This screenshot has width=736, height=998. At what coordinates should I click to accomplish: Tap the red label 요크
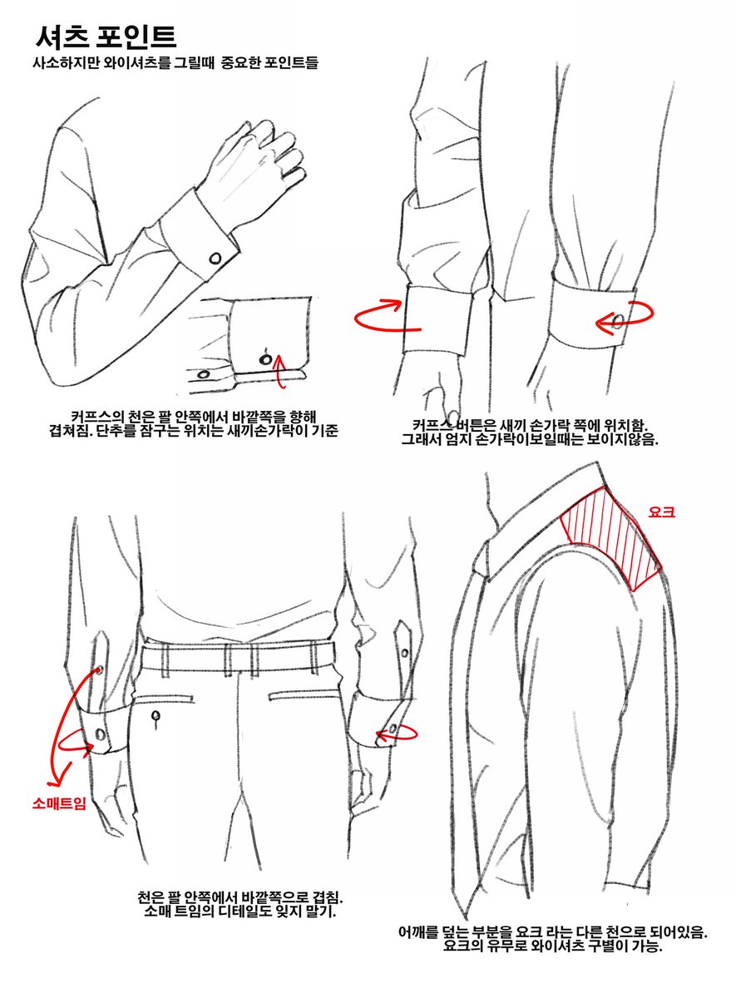click(x=662, y=512)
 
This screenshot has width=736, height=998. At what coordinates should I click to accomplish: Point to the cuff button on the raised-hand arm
click(x=215, y=258)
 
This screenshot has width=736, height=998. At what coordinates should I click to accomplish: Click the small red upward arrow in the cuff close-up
click(x=279, y=370)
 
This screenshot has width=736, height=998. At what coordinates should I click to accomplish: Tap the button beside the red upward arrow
click(x=265, y=359)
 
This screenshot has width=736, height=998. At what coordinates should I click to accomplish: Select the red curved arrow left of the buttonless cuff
click(x=387, y=315)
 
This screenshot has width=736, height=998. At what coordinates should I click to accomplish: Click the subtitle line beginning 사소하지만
click(x=175, y=62)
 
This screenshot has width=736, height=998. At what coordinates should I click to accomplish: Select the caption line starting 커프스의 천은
click(x=193, y=416)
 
